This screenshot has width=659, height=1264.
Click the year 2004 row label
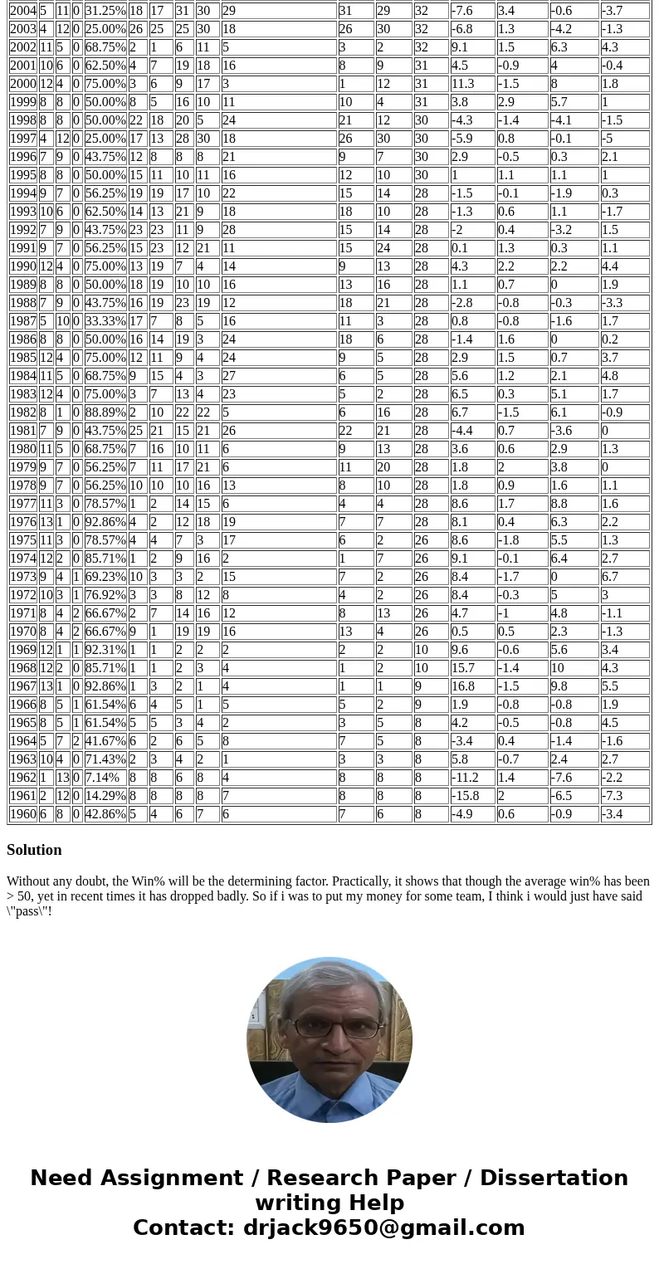click(22, 11)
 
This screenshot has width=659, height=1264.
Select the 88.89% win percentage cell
click(105, 412)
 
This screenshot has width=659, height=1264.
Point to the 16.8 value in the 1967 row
click(462, 686)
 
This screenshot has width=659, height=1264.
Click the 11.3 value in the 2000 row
click(462, 84)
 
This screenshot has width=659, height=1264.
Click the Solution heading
click(34, 850)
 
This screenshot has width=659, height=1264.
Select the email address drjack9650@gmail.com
click(383, 1228)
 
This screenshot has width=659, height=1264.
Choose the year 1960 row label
click(22, 814)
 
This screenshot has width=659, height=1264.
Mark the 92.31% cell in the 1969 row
click(105, 650)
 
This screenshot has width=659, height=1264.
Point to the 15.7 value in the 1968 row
click(462, 668)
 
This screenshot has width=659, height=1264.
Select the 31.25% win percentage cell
click(105, 11)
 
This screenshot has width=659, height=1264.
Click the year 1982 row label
click(22, 412)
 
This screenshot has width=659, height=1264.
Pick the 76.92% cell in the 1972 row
click(105, 595)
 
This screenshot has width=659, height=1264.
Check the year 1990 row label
click(22, 266)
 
